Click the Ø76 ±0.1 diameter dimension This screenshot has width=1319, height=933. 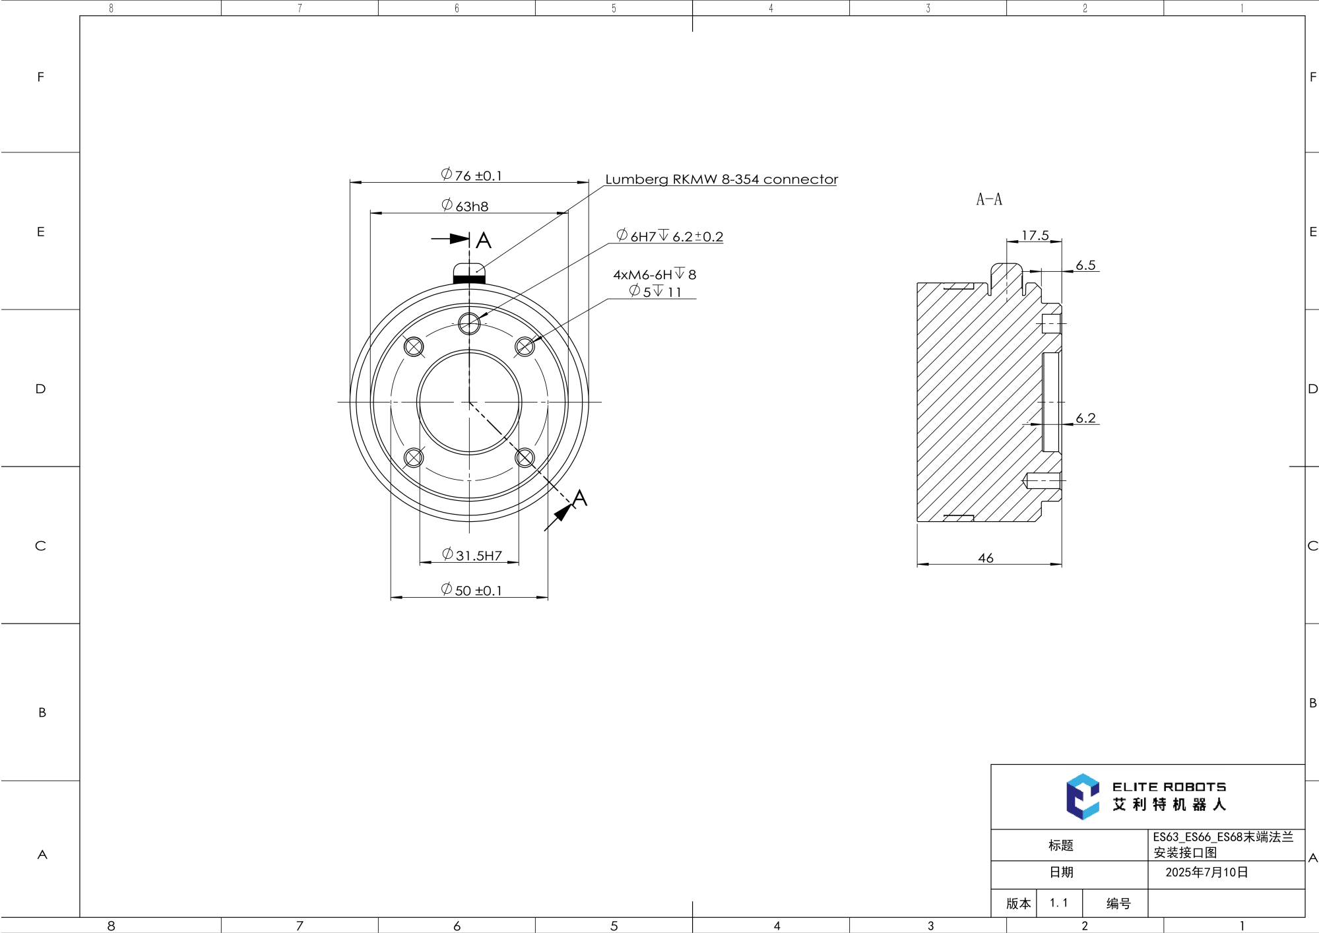coord(471,176)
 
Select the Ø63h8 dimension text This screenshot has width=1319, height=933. coord(465,206)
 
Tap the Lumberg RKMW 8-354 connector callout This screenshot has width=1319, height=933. coord(721,179)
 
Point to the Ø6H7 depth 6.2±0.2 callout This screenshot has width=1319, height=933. coord(670,236)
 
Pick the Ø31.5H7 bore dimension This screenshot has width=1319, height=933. coord(472,555)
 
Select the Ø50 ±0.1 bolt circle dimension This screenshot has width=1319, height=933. coord(471,590)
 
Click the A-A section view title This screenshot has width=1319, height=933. coord(988,199)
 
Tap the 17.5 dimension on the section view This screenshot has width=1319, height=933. coord(1035,236)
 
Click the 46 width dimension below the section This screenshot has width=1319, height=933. coord(985,558)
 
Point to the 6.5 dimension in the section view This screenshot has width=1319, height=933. coord(1085,265)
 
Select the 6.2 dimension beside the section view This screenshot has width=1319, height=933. coord(1085,418)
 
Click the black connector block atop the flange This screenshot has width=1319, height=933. coord(469,280)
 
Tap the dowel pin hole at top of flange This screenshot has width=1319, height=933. coord(469,323)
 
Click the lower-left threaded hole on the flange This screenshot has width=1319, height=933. coord(414,457)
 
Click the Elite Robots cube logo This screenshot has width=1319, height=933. coord(1082,796)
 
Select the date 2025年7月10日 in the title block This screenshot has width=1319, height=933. coord(1206,872)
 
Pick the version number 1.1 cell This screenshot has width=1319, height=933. coord(1058,903)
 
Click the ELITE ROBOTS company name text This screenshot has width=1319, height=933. coord(1169,787)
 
